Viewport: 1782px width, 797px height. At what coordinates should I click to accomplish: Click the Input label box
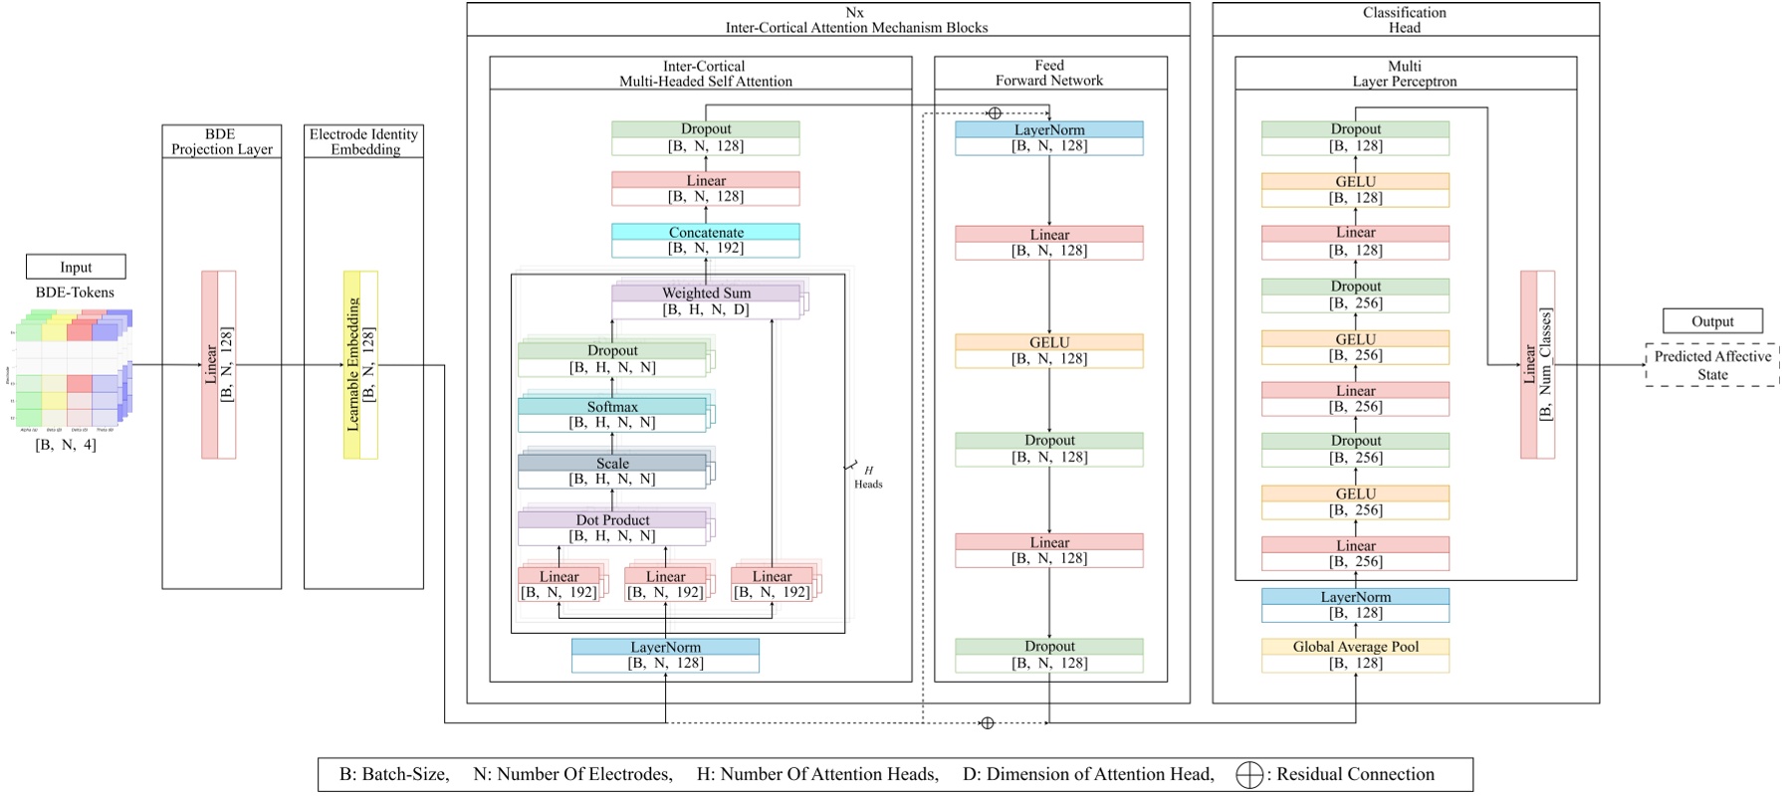pos(76,267)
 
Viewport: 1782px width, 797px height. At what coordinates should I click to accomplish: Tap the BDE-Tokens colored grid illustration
pos(75,368)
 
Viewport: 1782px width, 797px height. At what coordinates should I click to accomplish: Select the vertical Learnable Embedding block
pos(360,364)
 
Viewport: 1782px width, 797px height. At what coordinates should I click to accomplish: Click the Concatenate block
pos(705,240)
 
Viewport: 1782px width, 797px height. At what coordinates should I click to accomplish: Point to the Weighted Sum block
pos(706,300)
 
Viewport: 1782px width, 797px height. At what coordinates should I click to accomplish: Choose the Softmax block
pos(612,414)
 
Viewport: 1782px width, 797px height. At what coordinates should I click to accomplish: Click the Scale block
pos(612,471)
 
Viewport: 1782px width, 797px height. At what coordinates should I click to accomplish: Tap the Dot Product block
pos(612,527)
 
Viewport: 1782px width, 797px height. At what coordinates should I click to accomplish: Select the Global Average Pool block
pos(1355,655)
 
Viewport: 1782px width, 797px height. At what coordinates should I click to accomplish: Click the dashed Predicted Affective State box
pos(1711,365)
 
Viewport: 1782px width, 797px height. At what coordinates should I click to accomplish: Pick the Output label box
pos(1712,321)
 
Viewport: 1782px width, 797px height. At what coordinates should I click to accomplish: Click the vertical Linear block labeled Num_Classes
pos(1537,364)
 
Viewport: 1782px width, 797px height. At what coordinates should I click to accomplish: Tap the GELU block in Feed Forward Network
pos(1048,350)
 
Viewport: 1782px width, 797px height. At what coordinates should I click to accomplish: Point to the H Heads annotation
pos(867,477)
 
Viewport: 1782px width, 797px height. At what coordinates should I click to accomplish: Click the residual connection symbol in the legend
pos(1248,775)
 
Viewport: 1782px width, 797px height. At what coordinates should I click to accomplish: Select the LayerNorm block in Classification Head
pos(1355,605)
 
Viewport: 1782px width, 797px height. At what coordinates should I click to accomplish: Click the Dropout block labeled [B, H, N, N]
pos(612,358)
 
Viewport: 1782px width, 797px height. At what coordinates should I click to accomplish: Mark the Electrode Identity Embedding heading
pos(363,141)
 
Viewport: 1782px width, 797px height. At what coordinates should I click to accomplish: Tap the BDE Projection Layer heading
pos(221,141)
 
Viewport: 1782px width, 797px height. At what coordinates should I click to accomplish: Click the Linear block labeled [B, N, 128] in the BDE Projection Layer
pos(219,364)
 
